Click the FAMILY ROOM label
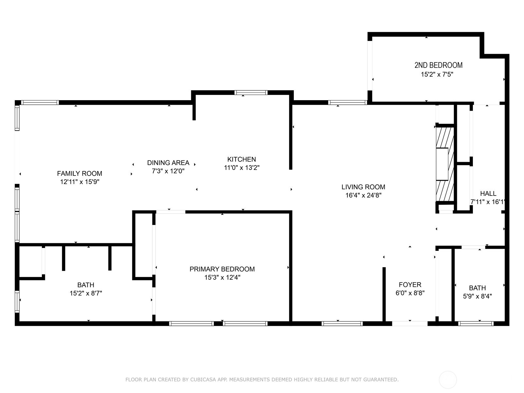pyautogui.click(x=80, y=174)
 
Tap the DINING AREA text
pyautogui.click(x=168, y=163)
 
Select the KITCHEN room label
pyautogui.click(x=242, y=159)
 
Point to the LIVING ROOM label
pyautogui.click(x=363, y=187)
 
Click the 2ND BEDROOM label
pyautogui.click(x=439, y=65)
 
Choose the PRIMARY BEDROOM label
pyautogui.click(x=222, y=269)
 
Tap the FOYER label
pyautogui.click(x=410, y=285)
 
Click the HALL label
pyautogui.click(x=488, y=194)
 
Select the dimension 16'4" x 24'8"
pyautogui.click(x=363, y=196)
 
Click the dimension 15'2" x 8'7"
pyautogui.click(x=86, y=293)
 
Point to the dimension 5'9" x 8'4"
pyautogui.click(x=477, y=297)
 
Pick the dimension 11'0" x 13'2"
pyautogui.click(x=242, y=168)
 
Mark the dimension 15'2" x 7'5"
pyautogui.click(x=437, y=75)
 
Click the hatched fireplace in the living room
pyautogui.click(x=444, y=164)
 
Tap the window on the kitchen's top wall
pyautogui.click(x=251, y=93)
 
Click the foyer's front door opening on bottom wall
pyautogui.click(x=410, y=324)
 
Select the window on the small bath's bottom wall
pyautogui.click(x=476, y=324)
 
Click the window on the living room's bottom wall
pyautogui.click(x=342, y=324)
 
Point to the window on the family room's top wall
pyautogui.click(x=40, y=103)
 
